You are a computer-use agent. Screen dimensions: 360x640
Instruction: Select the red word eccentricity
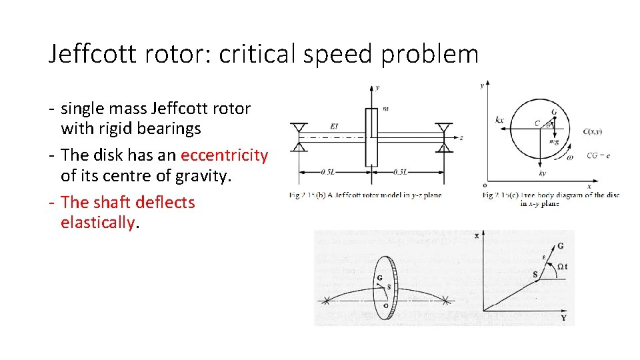pos(224,155)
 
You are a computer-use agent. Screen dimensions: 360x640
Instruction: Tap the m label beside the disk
pos(386,109)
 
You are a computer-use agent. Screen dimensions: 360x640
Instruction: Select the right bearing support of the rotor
pos(443,137)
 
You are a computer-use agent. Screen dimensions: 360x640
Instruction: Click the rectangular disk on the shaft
pos(371,137)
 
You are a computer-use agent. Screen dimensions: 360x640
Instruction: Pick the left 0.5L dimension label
pos(328,172)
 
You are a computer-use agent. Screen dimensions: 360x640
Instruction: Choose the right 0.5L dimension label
pos(400,172)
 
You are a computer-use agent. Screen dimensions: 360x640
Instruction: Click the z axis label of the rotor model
pos(461,138)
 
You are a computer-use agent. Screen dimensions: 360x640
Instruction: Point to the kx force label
pos(500,120)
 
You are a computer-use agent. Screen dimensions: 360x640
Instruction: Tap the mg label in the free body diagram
pos(553,141)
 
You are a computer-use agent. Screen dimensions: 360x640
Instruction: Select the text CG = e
pos(599,156)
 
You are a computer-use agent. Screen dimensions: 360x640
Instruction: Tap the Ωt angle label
pos(561,267)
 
